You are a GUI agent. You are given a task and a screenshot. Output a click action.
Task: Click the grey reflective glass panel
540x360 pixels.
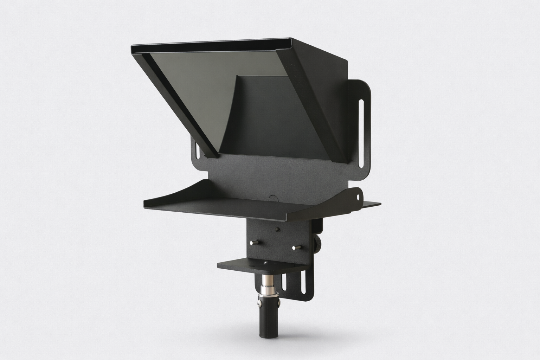[x=197, y=88]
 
